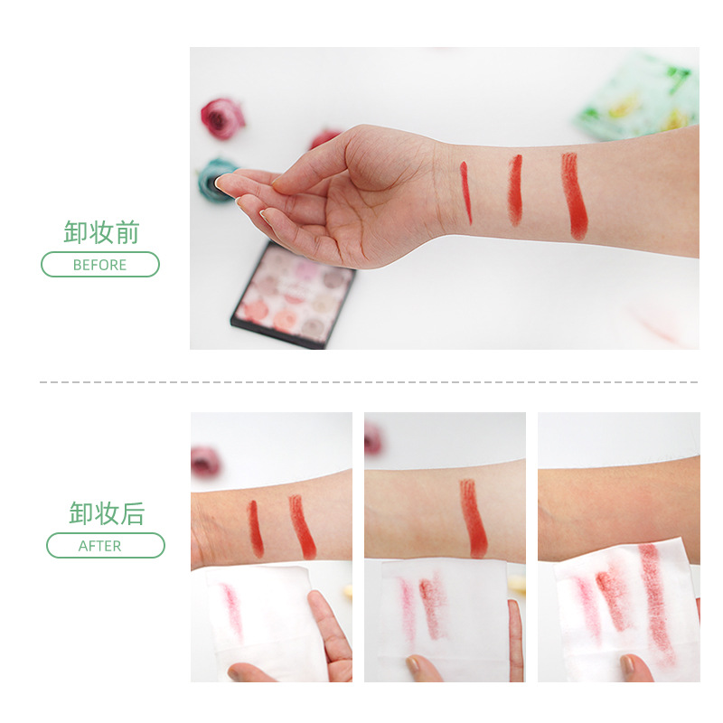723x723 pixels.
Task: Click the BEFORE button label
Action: [x=99, y=265]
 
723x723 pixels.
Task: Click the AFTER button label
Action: [x=99, y=546]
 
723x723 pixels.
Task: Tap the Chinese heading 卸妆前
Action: [x=101, y=232]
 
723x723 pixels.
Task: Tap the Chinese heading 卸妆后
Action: [x=107, y=513]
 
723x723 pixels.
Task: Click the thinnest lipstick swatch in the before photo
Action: [x=466, y=192]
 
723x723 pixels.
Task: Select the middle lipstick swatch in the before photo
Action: [x=515, y=190]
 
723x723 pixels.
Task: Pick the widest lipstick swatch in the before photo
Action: [x=574, y=196]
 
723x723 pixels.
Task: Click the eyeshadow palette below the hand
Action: [x=294, y=295]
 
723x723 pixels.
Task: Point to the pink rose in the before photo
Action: [x=222, y=118]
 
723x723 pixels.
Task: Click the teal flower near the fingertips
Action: [x=216, y=179]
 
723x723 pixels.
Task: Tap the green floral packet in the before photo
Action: [x=639, y=99]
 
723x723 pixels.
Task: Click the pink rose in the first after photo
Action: [x=205, y=461]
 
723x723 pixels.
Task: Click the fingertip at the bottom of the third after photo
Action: [x=635, y=669]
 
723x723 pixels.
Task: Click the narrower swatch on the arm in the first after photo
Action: [x=255, y=529]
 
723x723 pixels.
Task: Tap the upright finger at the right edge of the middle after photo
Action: [x=515, y=640]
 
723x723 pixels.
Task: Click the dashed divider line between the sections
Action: [x=369, y=382]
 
